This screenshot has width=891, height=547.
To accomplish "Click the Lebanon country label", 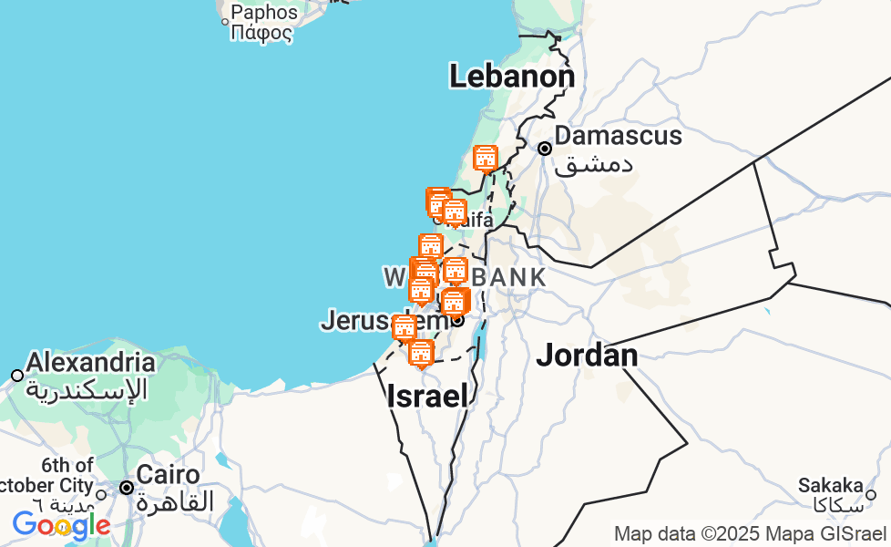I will click(x=511, y=77).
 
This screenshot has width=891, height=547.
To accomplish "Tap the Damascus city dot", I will click(x=545, y=148).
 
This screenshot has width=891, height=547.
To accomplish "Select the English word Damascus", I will click(x=618, y=136).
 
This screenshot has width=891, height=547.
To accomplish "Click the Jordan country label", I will click(x=587, y=355).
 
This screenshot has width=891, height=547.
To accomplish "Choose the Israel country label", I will click(x=427, y=396).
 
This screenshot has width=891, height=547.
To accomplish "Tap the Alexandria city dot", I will click(x=17, y=376).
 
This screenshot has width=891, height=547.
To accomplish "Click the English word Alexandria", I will click(x=90, y=362).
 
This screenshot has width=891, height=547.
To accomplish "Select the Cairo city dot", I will click(x=127, y=488).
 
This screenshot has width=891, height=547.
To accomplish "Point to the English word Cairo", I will click(x=168, y=475).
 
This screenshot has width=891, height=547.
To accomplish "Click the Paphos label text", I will click(x=264, y=13).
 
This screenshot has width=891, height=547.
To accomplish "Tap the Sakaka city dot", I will click(x=870, y=495).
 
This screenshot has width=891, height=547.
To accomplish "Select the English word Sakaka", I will click(x=830, y=485).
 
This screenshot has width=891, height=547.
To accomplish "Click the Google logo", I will click(x=60, y=525).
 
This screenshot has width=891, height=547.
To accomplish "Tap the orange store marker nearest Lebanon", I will click(x=486, y=159).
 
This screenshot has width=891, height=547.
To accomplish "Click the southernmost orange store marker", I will click(x=420, y=353).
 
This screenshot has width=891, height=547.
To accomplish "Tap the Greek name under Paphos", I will click(x=261, y=34).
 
